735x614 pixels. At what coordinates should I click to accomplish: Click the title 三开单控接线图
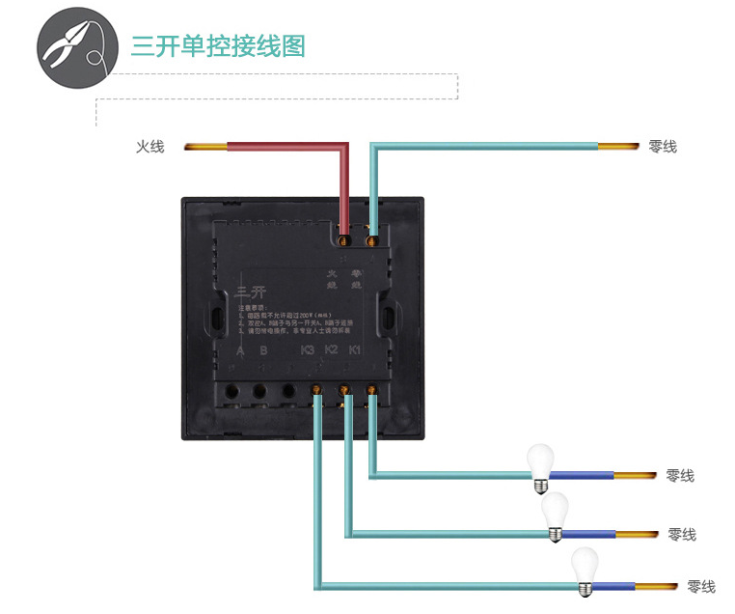[218, 46]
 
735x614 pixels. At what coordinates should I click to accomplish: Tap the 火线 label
[150, 147]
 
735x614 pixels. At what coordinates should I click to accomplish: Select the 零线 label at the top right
[663, 147]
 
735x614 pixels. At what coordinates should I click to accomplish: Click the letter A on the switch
[240, 350]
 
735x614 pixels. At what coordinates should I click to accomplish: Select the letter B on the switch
[263, 350]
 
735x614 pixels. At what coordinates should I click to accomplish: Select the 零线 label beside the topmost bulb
[680, 476]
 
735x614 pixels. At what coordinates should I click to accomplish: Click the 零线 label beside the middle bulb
[682, 535]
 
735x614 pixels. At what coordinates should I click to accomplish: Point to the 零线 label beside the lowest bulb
[701, 587]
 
